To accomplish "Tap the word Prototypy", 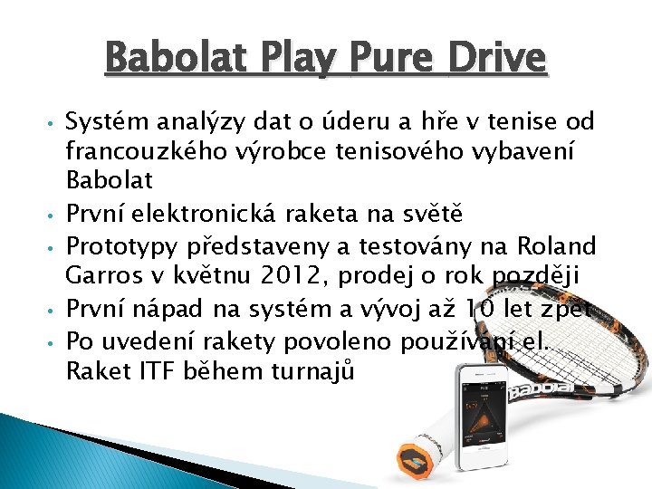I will click(x=111, y=245).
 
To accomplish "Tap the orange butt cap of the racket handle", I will click(x=413, y=458).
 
